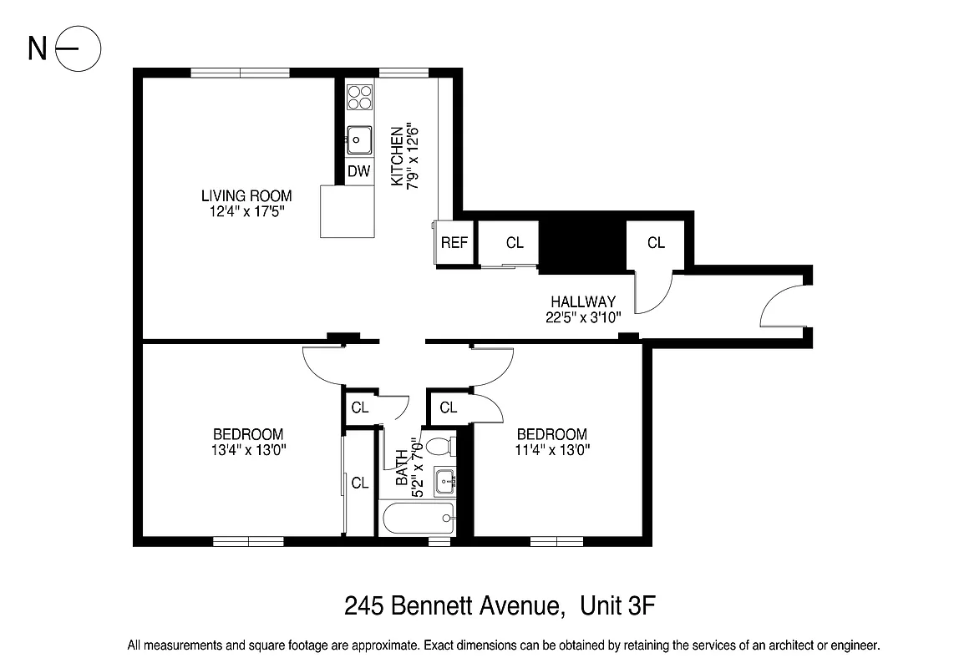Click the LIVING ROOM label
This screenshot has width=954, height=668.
246,196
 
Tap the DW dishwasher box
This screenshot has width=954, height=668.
359,172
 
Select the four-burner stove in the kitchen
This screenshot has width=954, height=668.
360,97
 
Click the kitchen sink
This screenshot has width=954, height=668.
359,139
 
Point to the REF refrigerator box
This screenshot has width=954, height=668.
454,243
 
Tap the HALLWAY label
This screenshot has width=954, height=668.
583,301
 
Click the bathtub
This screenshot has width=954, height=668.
416,519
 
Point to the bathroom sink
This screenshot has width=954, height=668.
445,480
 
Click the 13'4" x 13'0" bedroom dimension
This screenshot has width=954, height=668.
248,450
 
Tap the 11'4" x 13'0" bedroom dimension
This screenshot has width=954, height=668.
551,450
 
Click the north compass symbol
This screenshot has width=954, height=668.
78,49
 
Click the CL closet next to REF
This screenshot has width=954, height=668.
515,243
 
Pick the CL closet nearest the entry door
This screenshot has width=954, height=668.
657,243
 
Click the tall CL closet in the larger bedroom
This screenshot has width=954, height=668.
360,483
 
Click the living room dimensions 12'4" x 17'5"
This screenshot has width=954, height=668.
246,212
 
